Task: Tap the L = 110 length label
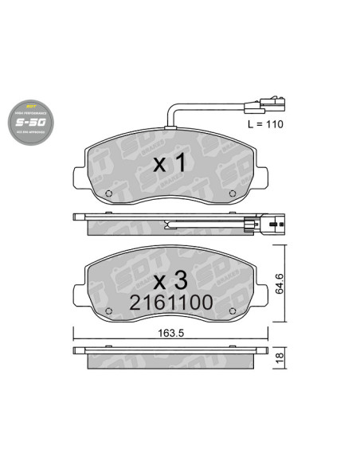[265, 125]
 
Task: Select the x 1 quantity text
[169, 164]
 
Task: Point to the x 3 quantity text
[169, 280]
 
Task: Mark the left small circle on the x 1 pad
[111, 193]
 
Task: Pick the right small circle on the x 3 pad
[230, 311]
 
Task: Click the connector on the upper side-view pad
[262, 225]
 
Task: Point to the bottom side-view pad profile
[170, 354]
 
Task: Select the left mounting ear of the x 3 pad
[78, 287]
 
